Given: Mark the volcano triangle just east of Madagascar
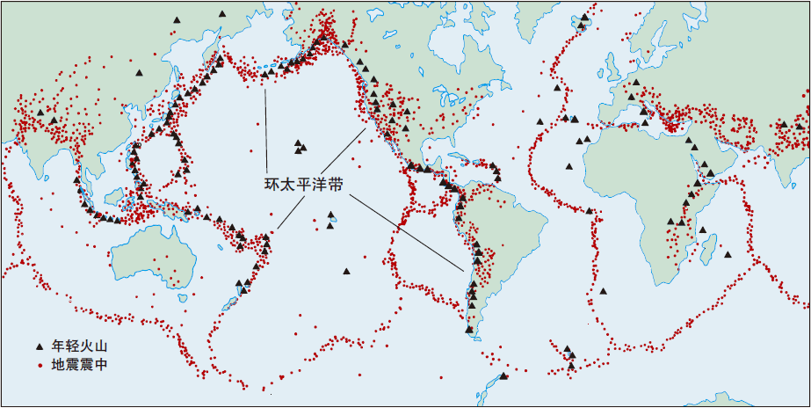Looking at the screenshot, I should tap(728, 255).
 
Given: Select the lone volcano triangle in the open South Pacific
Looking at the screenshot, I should tap(347, 272).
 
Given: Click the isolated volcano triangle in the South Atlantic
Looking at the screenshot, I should tap(590, 211).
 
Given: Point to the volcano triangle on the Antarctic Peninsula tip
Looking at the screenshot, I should tap(503, 376).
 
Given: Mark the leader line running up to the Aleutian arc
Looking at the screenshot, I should tap(264, 123).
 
